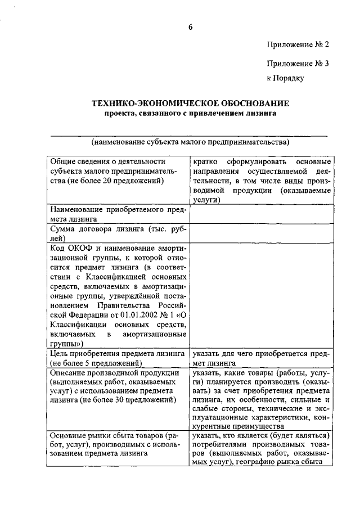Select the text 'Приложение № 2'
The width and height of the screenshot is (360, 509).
click(x=297, y=44)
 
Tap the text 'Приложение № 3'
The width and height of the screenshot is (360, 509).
click(x=297, y=64)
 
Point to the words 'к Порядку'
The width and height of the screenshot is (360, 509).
click(x=285, y=78)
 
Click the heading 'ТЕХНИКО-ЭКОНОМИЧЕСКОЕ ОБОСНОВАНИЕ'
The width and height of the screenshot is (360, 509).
click(x=190, y=103)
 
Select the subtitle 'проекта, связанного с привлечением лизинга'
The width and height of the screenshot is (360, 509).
click(x=190, y=114)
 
